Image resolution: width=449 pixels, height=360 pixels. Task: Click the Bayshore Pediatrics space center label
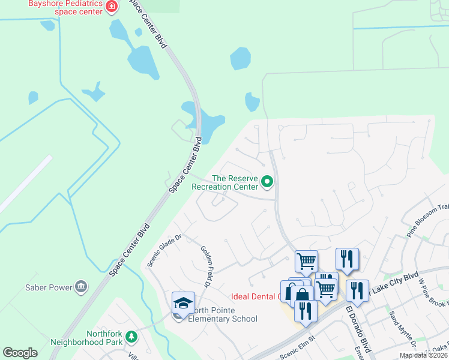[x=64, y=8]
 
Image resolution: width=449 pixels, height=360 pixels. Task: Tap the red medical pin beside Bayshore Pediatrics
[x=111, y=7]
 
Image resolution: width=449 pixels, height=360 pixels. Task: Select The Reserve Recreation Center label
[x=224, y=182]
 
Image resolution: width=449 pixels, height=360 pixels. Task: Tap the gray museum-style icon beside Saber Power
[x=82, y=287]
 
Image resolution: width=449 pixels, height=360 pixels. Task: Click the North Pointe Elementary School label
[x=222, y=314]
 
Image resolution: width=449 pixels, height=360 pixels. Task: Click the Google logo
[x=20, y=353]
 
